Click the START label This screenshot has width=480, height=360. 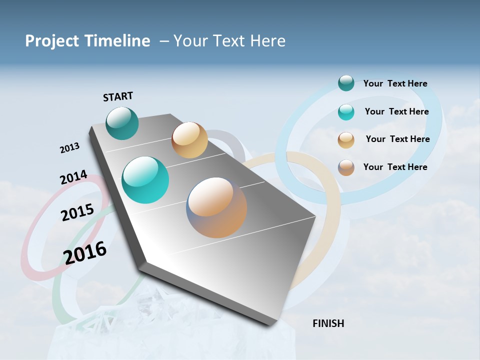point(118,96)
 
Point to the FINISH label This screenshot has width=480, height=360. point(328,323)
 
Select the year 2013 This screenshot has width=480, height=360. point(69,148)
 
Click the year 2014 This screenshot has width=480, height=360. point(73,178)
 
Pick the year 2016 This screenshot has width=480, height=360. point(85,252)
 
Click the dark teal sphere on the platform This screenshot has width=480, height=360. point(122,123)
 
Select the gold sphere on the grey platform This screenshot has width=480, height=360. point(189,140)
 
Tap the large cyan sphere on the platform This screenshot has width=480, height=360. point(145,180)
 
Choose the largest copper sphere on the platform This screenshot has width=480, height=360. point(216,207)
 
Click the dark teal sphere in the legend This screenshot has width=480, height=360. point(346,83)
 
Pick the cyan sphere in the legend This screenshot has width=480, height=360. point(346,112)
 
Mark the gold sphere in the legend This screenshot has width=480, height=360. point(346,140)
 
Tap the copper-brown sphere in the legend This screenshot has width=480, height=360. point(346,167)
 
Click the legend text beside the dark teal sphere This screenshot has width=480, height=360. point(395,83)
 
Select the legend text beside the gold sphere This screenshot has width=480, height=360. point(397,139)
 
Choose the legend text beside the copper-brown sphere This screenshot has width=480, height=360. point(395,167)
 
